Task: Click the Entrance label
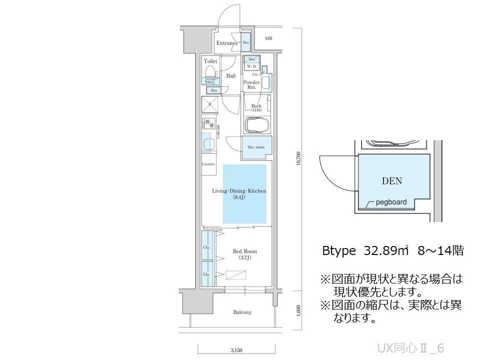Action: click(x=227, y=43)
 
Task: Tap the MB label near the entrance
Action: click(x=268, y=38)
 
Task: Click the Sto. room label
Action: click(x=256, y=147)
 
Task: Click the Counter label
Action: click(x=208, y=164)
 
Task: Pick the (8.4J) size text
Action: click(x=239, y=197)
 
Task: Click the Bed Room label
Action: click(x=242, y=251)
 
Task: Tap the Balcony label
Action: click(x=242, y=312)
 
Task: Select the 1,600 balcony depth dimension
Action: click(x=298, y=310)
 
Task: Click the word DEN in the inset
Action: click(x=392, y=181)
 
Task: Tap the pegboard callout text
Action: click(x=391, y=202)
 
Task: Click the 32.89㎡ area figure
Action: click(x=383, y=251)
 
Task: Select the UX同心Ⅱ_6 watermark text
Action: click(x=410, y=347)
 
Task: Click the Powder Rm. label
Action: click(x=251, y=84)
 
